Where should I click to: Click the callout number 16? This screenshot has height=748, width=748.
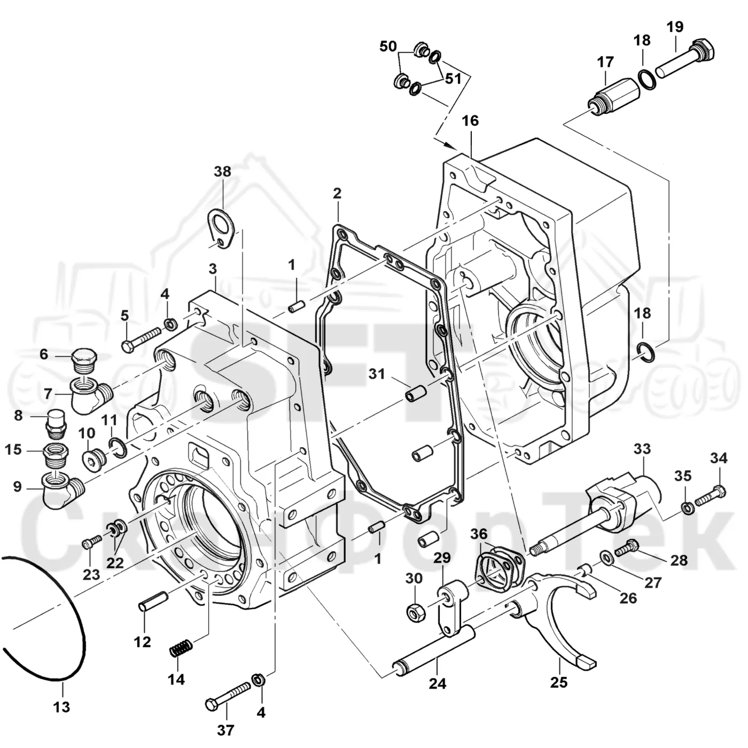(x=470, y=121)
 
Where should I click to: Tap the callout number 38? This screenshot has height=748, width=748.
(x=222, y=171)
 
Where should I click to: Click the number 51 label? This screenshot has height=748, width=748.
(x=453, y=79)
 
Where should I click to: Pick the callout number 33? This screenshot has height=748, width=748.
(x=642, y=449)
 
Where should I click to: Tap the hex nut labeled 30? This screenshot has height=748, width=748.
(x=415, y=612)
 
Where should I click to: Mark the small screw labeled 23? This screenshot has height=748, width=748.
(x=92, y=542)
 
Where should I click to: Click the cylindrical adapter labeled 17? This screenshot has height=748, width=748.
(x=613, y=95)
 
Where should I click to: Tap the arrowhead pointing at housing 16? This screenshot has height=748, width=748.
(x=451, y=145)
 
